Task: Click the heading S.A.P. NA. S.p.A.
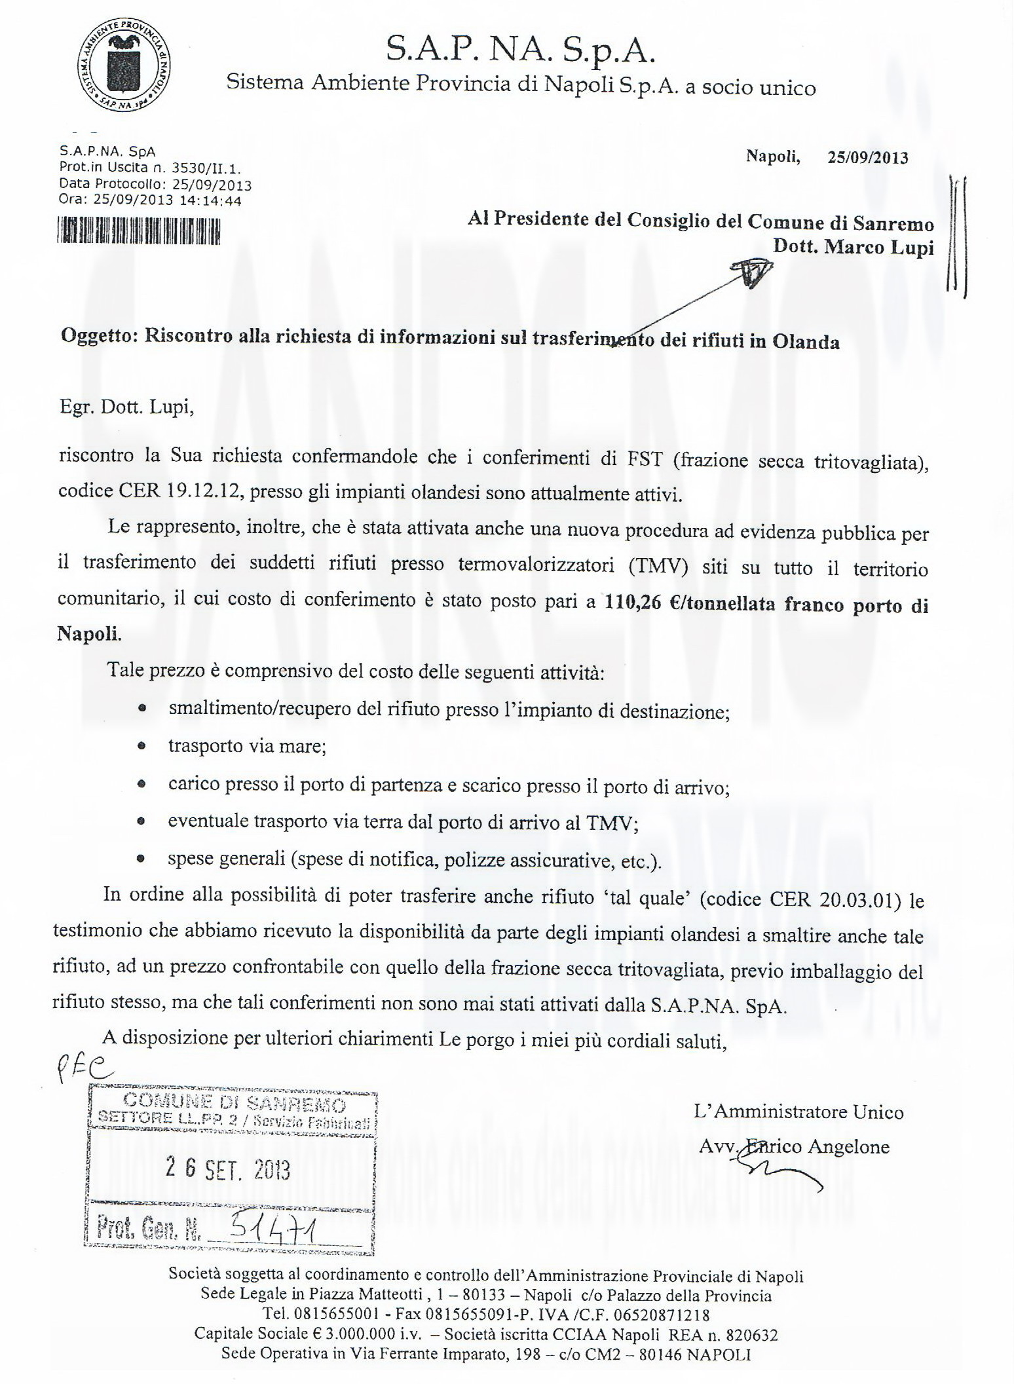click(521, 50)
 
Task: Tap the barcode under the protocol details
click(138, 231)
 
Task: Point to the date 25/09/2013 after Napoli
click(867, 157)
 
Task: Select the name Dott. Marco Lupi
click(853, 248)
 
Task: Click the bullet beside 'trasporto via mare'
click(142, 746)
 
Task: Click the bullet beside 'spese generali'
click(142, 859)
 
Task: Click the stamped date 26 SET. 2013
click(229, 1170)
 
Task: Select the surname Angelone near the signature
click(848, 1147)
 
